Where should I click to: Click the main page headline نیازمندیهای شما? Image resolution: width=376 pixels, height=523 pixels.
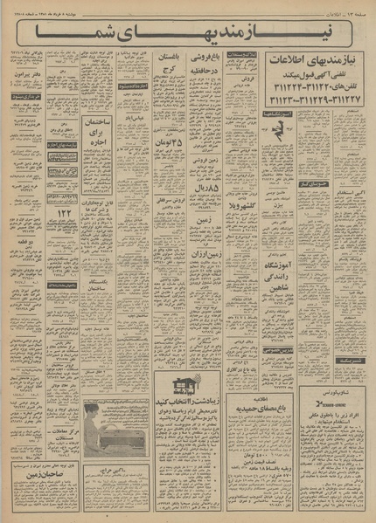(x=187, y=32)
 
